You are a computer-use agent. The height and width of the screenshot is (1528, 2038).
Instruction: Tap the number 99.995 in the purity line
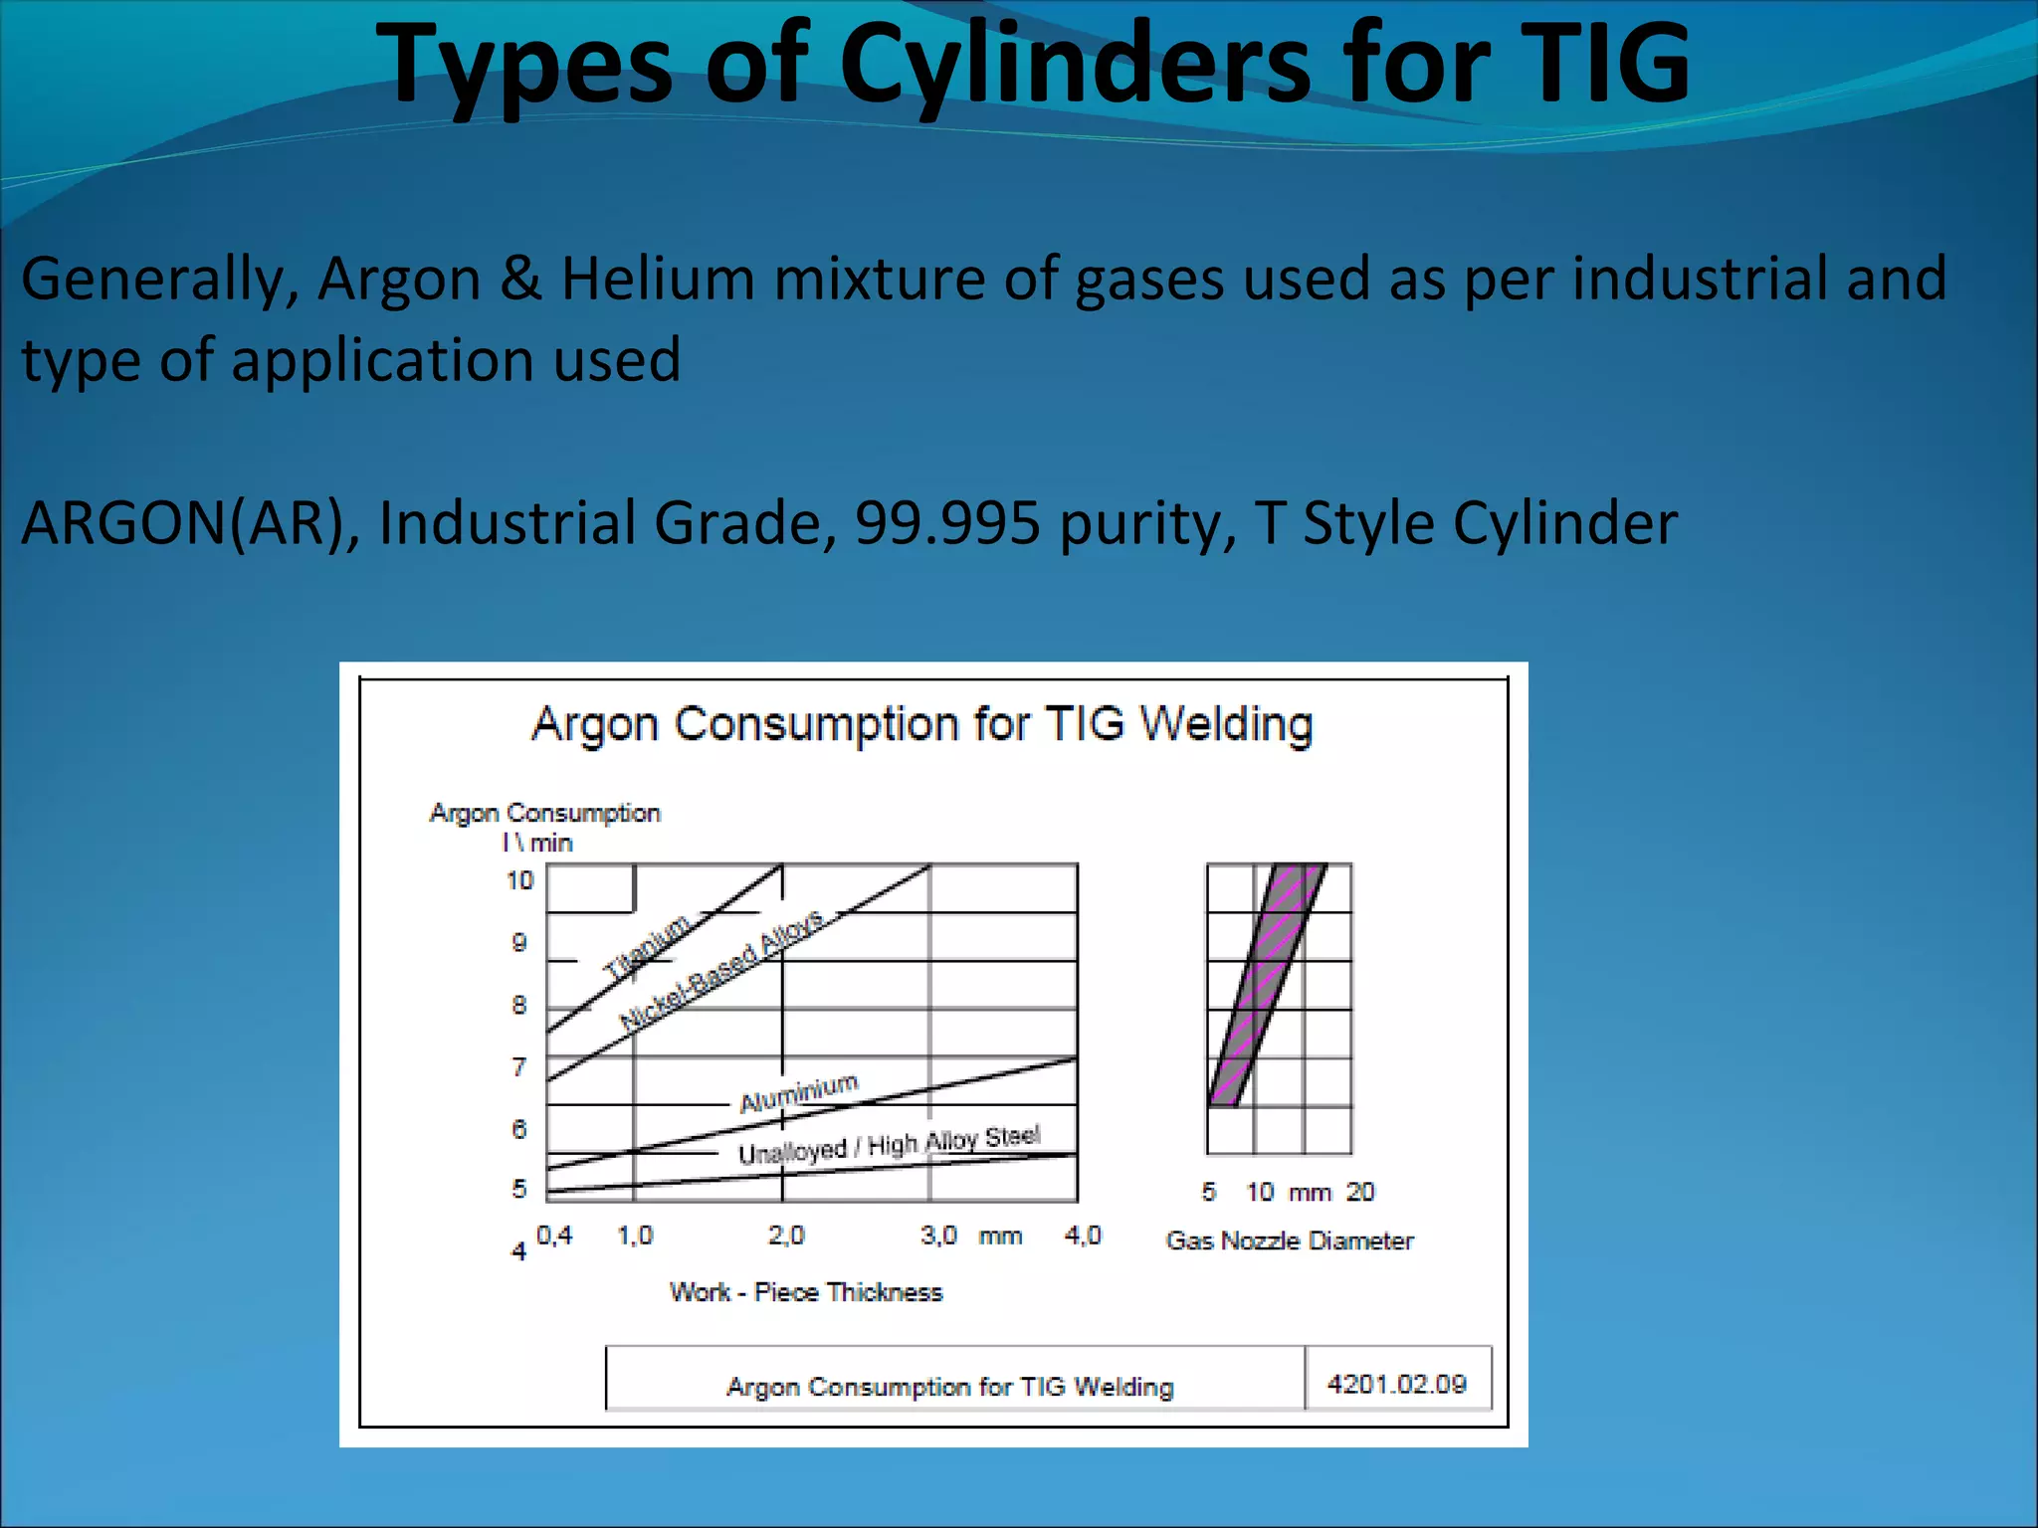tap(947, 522)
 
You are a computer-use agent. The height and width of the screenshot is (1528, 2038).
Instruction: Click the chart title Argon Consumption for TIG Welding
tap(921, 724)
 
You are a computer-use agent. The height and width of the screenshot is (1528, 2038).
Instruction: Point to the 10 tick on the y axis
tap(519, 880)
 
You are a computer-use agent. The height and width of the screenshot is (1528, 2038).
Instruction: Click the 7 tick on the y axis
tap(518, 1067)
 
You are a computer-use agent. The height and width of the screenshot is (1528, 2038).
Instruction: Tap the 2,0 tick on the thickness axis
tap(785, 1236)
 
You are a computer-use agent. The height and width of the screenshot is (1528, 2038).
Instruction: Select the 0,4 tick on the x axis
tap(554, 1236)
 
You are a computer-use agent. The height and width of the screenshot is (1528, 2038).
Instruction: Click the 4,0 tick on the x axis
tap(1082, 1236)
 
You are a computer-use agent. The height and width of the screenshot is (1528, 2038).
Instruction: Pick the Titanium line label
tap(647, 944)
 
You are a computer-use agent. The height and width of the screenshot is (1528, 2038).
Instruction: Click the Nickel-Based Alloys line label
tap(721, 970)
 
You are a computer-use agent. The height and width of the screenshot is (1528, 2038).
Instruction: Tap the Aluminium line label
tap(798, 1092)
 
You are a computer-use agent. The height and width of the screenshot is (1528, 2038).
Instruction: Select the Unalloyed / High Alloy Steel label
tap(889, 1144)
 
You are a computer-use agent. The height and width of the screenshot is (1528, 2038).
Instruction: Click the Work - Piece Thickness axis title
tap(805, 1292)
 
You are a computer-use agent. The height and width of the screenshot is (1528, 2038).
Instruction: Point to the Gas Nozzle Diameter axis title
tap(1289, 1241)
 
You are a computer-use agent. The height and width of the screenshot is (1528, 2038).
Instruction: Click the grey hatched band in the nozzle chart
tap(1267, 985)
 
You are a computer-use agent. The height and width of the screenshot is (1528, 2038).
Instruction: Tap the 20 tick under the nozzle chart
tap(1359, 1192)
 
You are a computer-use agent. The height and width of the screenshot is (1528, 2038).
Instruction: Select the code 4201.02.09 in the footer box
tap(1396, 1384)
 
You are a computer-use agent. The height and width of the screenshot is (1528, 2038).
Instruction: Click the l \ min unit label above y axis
tap(537, 843)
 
